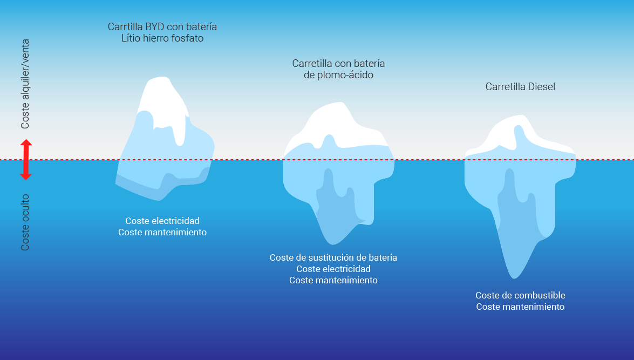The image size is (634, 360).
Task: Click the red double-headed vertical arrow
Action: tap(26, 159)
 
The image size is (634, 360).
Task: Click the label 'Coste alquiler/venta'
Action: tap(25, 84)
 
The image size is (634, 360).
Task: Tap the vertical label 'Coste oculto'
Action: tap(25, 222)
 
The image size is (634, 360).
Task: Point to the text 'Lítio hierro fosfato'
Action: tap(162, 38)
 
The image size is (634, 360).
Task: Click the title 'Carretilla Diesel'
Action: tap(520, 86)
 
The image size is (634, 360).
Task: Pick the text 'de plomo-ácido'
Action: tap(338, 75)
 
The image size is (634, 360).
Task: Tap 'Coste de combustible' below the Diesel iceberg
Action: tap(520, 295)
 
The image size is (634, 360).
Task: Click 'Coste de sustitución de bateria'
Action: tap(333, 257)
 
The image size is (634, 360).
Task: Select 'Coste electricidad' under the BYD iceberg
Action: tap(162, 221)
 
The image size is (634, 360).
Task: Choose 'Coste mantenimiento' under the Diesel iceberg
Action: tap(520, 307)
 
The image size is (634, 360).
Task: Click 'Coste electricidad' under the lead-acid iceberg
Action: tap(333, 269)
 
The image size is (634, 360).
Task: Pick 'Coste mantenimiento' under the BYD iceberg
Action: tap(162, 232)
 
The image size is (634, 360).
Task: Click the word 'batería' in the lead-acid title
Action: tap(369, 64)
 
